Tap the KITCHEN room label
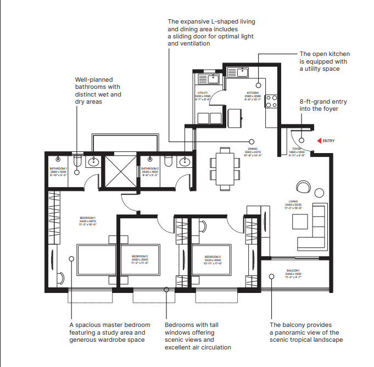coord(253,93)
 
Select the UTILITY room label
coord(203,93)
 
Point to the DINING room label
coord(253,149)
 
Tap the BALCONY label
coord(293,270)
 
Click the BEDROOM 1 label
coord(87,218)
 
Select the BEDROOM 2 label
coord(139,256)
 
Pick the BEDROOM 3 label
coord(213,256)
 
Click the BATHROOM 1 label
coord(58,168)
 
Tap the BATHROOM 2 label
coord(150,168)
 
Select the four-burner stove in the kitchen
coord(271,101)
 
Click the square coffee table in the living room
coord(300,221)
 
